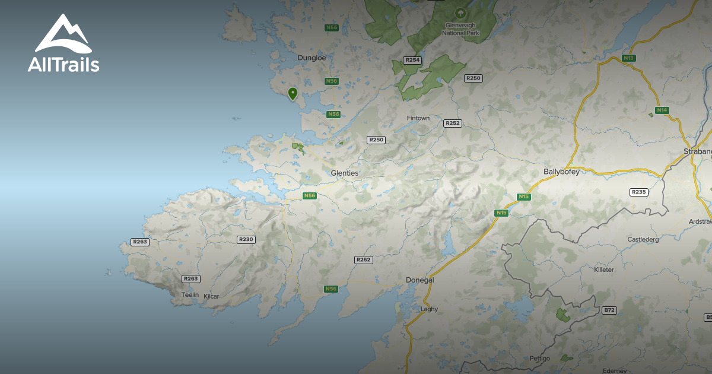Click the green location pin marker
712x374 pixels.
pyautogui.click(x=293, y=93)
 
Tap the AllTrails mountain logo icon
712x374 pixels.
pyautogui.click(x=62, y=34)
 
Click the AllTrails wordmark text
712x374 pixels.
pyautogui.click(x=63, y=65)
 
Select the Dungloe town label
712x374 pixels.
pyautogui.click(x=311, y=58)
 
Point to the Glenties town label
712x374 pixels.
pyautogui.click(x=345, y=173)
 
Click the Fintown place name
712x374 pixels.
pyautogui.click(x=418, y=118)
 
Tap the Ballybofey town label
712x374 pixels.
pyautogui.click(x=561, y=172)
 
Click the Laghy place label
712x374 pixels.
pyautogui.click(x=429, y=309)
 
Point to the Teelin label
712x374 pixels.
pyautogui.click(x=190, y=295)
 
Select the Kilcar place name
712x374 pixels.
pyautogui.click(x=212, y=296)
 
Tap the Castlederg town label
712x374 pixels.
pyautogui.click(x=644, y=239)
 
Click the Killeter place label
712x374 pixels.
pyautogui.click(x=604, y=270)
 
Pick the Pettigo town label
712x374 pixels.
pyautogui.click(x=540, y=359)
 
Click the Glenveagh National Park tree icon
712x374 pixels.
pyautogui.click(x=459, y=12)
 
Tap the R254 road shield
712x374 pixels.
pyautogui.click(x=412, y=60)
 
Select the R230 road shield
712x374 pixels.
pyautogui.click(x=246, y=239)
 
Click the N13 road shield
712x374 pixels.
pyautogui.click(x=630, y=58)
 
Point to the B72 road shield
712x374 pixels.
pyautogui.click(x=609, y=310)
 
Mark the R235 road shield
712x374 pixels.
pyautogui.click(x=639, y=192)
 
